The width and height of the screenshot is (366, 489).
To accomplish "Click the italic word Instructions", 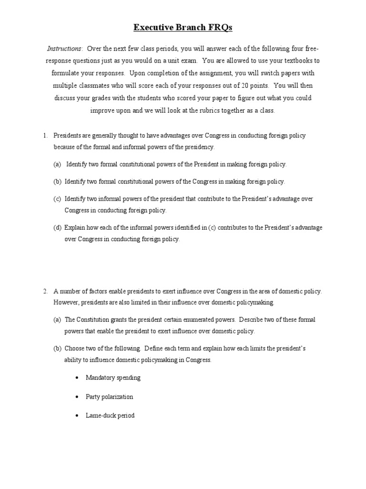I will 64,49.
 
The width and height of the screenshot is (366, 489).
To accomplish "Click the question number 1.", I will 45,136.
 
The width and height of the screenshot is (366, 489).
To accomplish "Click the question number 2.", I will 45,291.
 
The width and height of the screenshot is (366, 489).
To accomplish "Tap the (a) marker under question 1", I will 57,164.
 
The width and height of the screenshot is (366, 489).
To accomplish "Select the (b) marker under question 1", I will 57,181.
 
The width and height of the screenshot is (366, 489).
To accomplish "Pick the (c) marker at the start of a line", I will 57,199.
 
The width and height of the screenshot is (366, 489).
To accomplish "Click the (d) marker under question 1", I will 57,228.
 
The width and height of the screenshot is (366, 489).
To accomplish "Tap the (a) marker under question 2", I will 57,319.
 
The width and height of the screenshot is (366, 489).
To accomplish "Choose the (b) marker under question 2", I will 57,349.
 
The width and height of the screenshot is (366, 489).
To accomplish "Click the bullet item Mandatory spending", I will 113,378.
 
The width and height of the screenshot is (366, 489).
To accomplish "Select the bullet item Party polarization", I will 109,397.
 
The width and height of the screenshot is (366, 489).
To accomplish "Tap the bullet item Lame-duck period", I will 110,415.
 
